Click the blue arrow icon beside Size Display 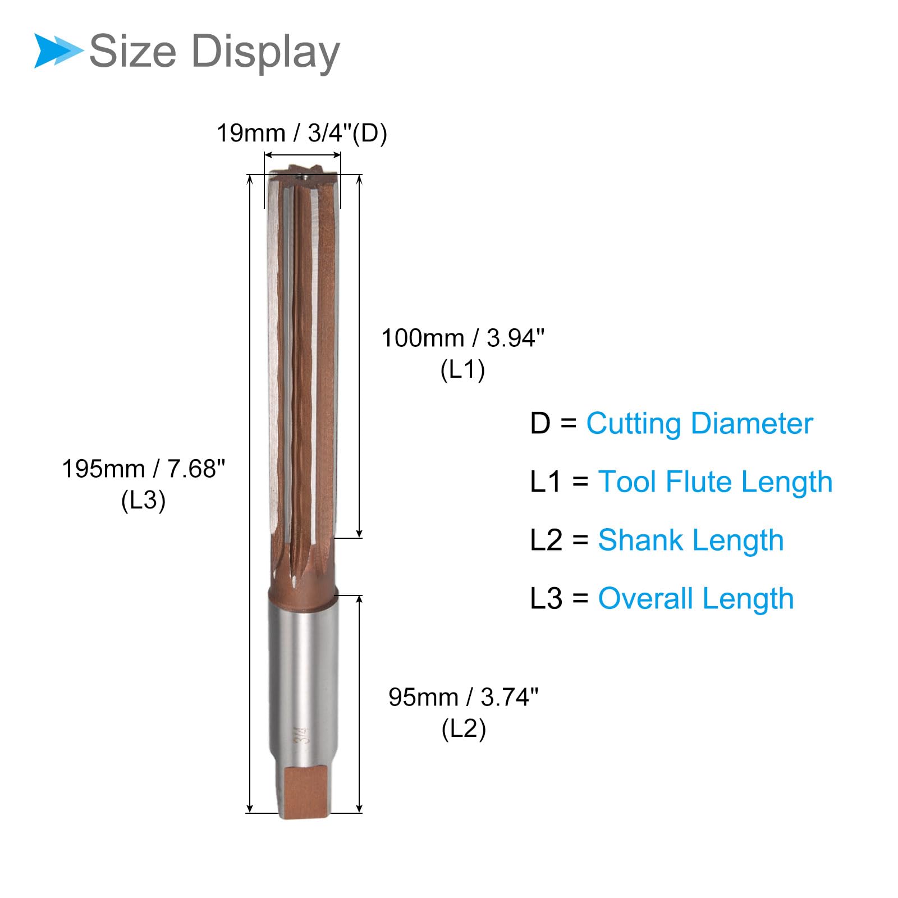point(58,51)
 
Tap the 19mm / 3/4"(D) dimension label point(302,134)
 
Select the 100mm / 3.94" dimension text point(463,338)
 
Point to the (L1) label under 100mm point(462,370)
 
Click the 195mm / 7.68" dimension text point(143,469)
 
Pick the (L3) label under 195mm point(143,500)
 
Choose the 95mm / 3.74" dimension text point(464,697)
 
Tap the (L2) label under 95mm point(464,729)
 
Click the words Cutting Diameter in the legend point(699,424)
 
